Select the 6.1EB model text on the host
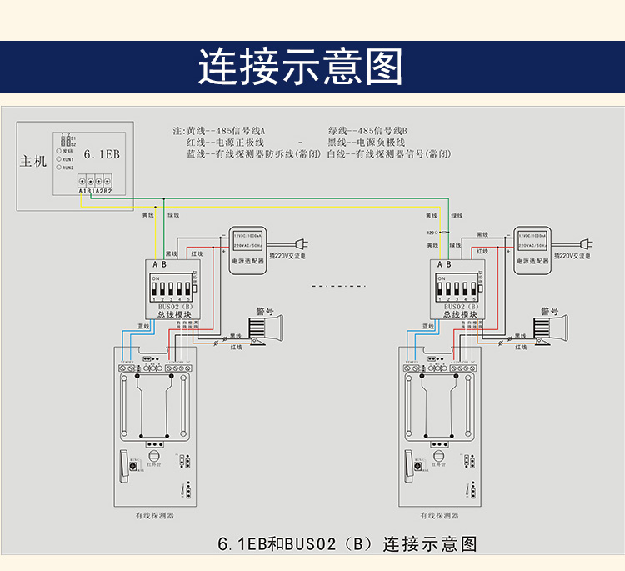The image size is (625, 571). coord(102,155)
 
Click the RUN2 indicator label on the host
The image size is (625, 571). coord(67,167)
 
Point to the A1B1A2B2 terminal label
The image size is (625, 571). coord(94,192)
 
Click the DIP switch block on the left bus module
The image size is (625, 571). coord(173,288)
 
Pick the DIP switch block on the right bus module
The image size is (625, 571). coord(457,288)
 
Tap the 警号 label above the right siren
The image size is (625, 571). coord(550,311)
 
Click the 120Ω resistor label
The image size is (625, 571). coord(432,232)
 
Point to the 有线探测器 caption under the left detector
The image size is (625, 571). coord(155,516)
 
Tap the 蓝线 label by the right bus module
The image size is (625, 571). coord(425,326)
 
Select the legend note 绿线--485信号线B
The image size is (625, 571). coord(367,131)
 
